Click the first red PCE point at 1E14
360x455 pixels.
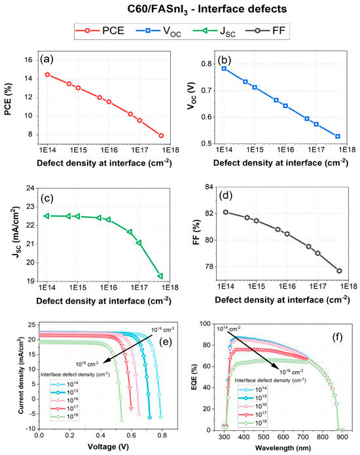tap(47, 75)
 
